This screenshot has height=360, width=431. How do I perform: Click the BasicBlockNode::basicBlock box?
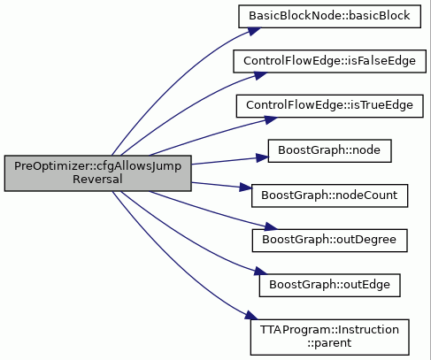[329, 17]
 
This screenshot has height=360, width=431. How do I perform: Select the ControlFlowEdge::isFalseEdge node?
[329, 61]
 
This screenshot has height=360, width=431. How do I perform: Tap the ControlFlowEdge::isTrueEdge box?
[329, 106]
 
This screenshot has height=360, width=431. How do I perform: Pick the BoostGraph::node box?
[329, 151]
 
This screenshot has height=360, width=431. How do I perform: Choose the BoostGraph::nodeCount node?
[329, 195]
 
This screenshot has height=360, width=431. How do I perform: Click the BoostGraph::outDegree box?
[329, 241]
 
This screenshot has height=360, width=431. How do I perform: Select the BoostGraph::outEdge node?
[329, 286]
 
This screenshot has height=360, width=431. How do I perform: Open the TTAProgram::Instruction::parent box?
[329, 337]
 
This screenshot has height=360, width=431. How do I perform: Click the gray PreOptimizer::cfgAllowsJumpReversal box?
[97, 173]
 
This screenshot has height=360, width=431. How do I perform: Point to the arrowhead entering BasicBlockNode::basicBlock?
[253, 31]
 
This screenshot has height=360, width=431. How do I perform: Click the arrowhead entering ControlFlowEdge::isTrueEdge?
[270, 119]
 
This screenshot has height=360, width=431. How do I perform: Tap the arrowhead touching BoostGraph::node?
[262, 157]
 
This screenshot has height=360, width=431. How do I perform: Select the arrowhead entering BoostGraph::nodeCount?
[245, 188]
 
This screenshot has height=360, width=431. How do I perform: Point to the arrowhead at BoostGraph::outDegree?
[270, 227]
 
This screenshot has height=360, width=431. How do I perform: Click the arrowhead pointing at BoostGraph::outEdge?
[260, 272]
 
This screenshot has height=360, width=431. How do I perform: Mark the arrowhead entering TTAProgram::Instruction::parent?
[250, 316]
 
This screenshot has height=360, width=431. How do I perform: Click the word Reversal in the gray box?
[97, 180]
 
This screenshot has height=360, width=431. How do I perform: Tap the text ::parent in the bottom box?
[329, 343]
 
